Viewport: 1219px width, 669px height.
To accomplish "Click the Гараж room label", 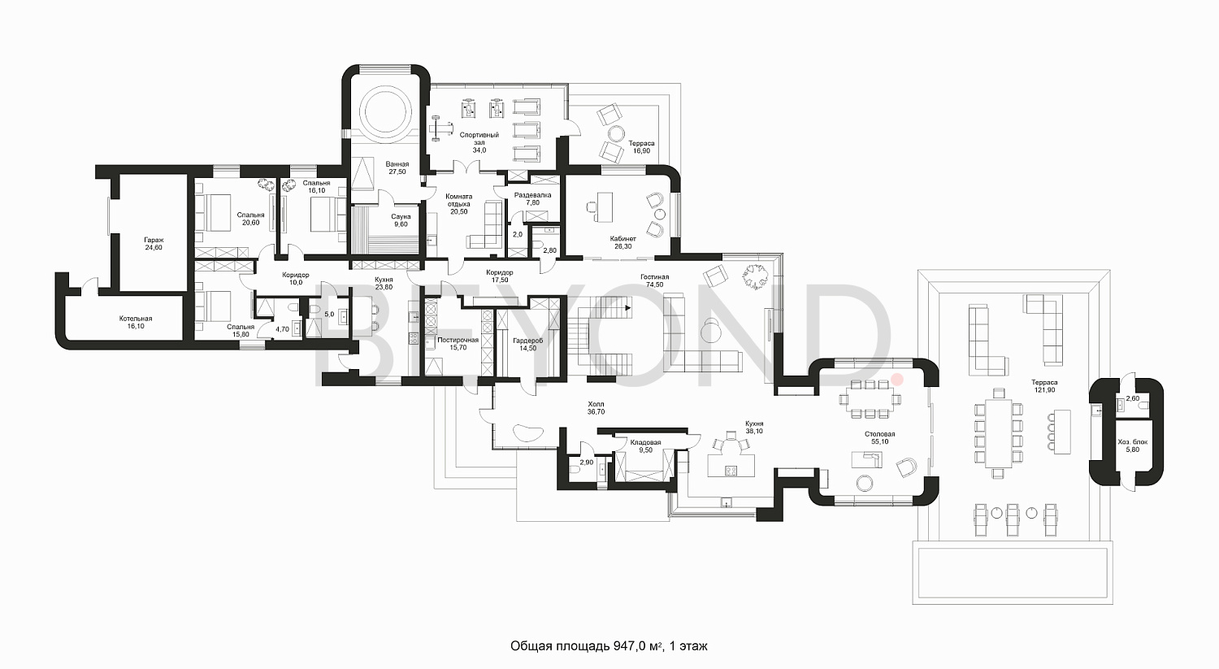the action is point(154,240).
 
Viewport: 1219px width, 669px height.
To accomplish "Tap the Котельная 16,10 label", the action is point(136,322).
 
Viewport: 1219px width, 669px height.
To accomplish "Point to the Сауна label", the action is point(401,217).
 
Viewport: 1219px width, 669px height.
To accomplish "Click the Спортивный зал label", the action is point(479,138).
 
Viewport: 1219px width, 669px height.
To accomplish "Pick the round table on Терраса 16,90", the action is point(617,134).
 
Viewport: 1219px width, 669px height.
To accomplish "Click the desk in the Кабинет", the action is point(604,206).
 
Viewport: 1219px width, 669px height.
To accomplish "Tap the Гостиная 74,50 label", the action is point(655,281).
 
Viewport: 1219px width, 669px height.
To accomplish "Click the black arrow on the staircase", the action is point(628,308).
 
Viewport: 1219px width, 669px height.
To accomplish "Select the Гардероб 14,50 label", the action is point(528,345).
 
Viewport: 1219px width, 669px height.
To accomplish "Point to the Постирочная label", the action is point(458,341).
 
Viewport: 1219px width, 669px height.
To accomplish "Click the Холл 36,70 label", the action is point(596,408).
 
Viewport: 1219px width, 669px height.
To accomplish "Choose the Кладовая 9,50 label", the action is point(645,446).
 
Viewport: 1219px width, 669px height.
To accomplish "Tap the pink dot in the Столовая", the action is point(897,380).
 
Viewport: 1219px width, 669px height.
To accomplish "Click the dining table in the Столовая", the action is point(870,400).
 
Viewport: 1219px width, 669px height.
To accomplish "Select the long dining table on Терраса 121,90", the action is point(999,433).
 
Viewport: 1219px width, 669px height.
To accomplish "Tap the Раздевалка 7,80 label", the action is point(533,198).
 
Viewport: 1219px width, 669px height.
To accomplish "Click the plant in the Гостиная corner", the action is point(755,276).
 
